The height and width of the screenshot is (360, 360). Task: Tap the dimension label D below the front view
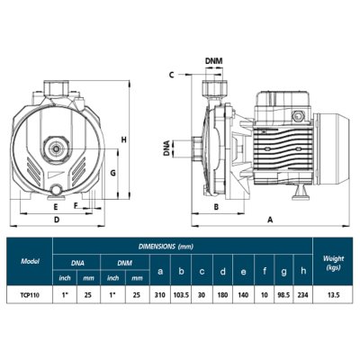(56, 219)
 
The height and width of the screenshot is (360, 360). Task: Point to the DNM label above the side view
(214, 61)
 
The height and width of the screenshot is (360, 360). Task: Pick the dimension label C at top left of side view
(170, 76)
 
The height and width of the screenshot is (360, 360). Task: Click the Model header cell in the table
(29, 261)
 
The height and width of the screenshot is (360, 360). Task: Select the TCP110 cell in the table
(29, 293)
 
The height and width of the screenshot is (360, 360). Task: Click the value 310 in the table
(160, 293)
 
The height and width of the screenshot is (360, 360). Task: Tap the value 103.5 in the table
(181, 293)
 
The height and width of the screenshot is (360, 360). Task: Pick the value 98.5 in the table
(283, 293)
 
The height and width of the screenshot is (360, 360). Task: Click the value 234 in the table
(302, 293)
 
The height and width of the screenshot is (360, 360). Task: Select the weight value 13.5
(333, 293)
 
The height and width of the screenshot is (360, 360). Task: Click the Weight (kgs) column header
(333, 261)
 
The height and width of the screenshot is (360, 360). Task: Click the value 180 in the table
(221, 293)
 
